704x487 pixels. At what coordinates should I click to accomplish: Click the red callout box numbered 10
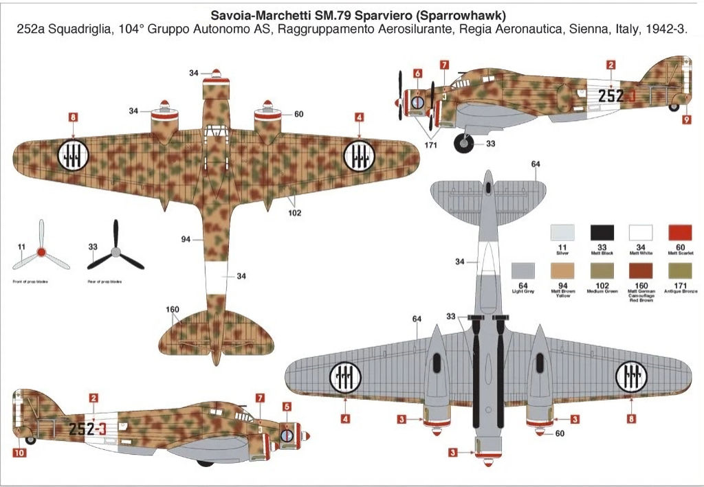click(19, 453)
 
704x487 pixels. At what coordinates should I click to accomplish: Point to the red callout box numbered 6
click(417, 73)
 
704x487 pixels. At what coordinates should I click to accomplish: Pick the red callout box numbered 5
click(287, 406)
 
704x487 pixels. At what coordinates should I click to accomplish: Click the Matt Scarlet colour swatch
click(680, 233)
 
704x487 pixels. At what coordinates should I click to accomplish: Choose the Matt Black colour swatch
click(602, 233)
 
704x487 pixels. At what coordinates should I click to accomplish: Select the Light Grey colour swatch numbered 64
click(524, 271)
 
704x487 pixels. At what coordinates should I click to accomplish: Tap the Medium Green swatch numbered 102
click(602, 271)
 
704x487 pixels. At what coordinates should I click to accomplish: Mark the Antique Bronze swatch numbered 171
click(680, 271)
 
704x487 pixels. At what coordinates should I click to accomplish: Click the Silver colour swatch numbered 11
click(563, 233)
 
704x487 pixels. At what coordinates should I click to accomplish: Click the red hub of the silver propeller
click(41, 252)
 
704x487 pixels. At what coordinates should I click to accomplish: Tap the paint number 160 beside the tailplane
click(173, 309)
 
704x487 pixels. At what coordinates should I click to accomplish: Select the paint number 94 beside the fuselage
click(186, 240)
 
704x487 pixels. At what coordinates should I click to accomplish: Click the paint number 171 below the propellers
click(431, 146)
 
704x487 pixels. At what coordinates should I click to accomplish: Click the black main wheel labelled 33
click(465, 142)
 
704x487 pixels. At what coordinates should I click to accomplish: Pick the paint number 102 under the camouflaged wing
click(294, 212)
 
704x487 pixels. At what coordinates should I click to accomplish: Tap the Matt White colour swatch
click(641, 233)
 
